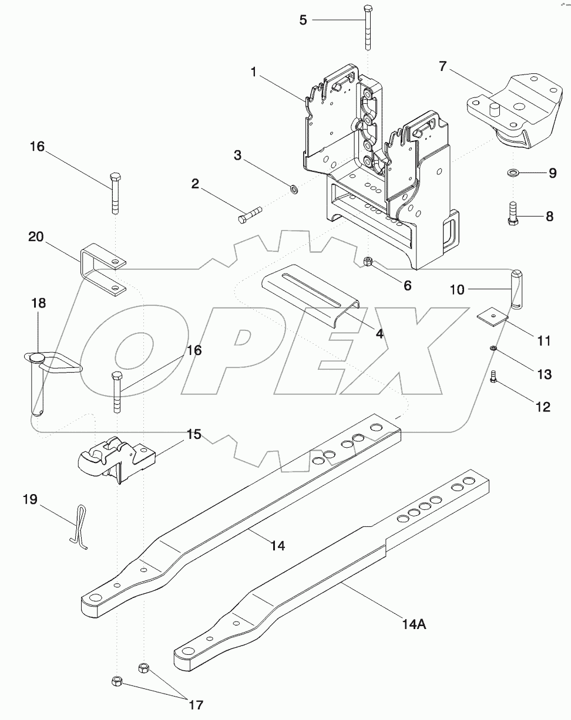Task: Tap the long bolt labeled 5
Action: coord(368,29)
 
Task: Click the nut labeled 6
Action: coord(368,262)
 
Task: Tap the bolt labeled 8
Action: coord(512,213)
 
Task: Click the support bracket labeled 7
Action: coord(511,111)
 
